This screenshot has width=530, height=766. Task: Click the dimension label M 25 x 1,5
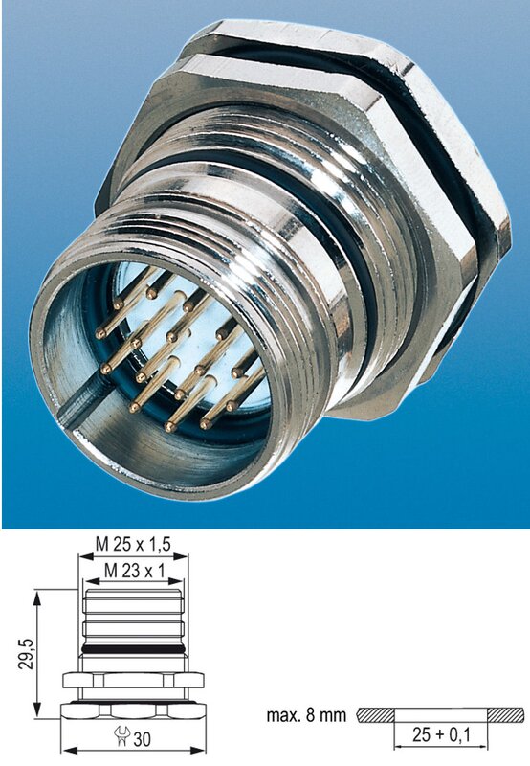click(133, 544)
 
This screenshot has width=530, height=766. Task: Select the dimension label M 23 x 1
click(135, 570)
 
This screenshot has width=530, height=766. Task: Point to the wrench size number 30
click(142, 739)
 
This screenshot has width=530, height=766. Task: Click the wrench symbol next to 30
click(121, 736)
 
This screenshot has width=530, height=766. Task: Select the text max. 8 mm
click(306, 715)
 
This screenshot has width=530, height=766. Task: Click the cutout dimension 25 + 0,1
click(441, 734)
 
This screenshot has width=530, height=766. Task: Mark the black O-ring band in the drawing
click(133, 649)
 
